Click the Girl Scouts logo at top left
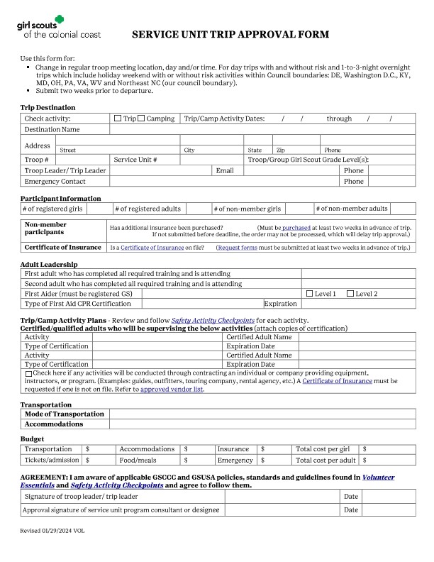pyautogui.click(x=58, y=28)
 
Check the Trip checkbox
pyautogui.click(x=118, y=119)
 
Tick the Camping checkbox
pyautogui.click(x=141, y=119)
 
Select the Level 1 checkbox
pyautogui.click(x=309, y=294)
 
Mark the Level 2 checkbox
pyautogui.click(x=350, y=294)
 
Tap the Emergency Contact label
pyautogui.click(x=55, y=182)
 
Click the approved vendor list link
pyautogui.click(x=172, y=390)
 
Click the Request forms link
pyautogui.click(x=237, y=248)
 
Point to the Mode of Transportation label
pyautogui.click(x=65, y=414)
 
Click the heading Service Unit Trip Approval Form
pyautogui.click(x=230, y=34)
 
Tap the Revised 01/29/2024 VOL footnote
pyautogui.click(x=52, y=530)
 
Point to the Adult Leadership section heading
pyautogui.click(x=54, y=265)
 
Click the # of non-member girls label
pyautogui.click(x=247, y=209)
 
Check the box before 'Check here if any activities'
pyautogui.click(x=28, y=373)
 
